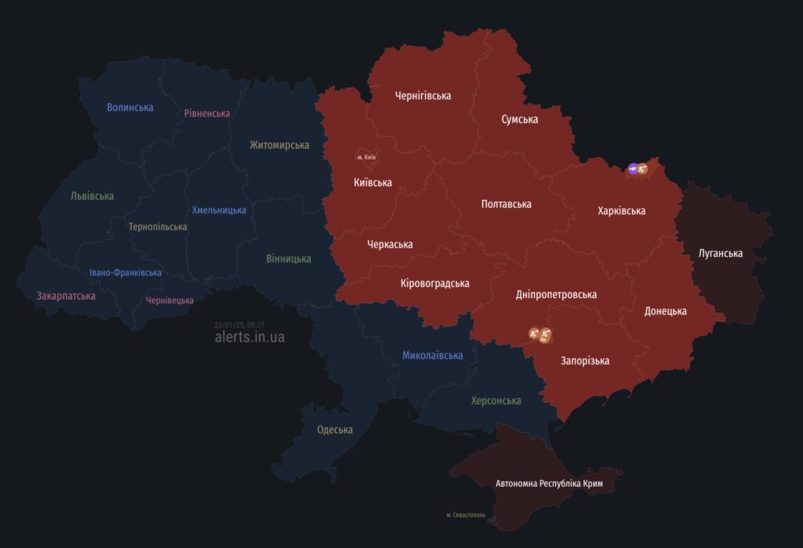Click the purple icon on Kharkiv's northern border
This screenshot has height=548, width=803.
(x=633, y=169)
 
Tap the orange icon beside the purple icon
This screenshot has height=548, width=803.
(x=643, y=169)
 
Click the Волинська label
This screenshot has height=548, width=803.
(x=130, y=107)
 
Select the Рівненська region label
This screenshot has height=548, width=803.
(x=207, y=114)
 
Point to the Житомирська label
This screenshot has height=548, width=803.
(x=279, y=145)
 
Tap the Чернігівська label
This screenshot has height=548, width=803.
(x=423, y=96)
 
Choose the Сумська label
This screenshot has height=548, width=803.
(x=519, y=119)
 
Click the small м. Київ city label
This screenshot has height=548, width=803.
(x=366, y=158)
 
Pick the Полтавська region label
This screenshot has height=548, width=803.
(x=506, y=204)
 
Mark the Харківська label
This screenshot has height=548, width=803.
(x=621, y=211)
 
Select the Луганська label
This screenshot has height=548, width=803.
(x=720, y=253)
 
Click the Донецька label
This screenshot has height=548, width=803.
(x=665, y=311)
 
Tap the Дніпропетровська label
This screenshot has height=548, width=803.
(x=556, y=295)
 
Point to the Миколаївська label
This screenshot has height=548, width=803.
(x=432, y=355)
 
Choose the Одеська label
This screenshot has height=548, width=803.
(x=334, y=430)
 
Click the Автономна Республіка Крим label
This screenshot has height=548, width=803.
(x=549, y=484)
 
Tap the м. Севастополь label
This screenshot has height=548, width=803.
(x=466, y=515)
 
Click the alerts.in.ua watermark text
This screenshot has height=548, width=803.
(x=249, y=337)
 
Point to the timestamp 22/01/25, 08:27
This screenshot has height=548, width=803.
(x=239, y=325)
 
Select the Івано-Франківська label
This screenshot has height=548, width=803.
(x=125, y=273)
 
